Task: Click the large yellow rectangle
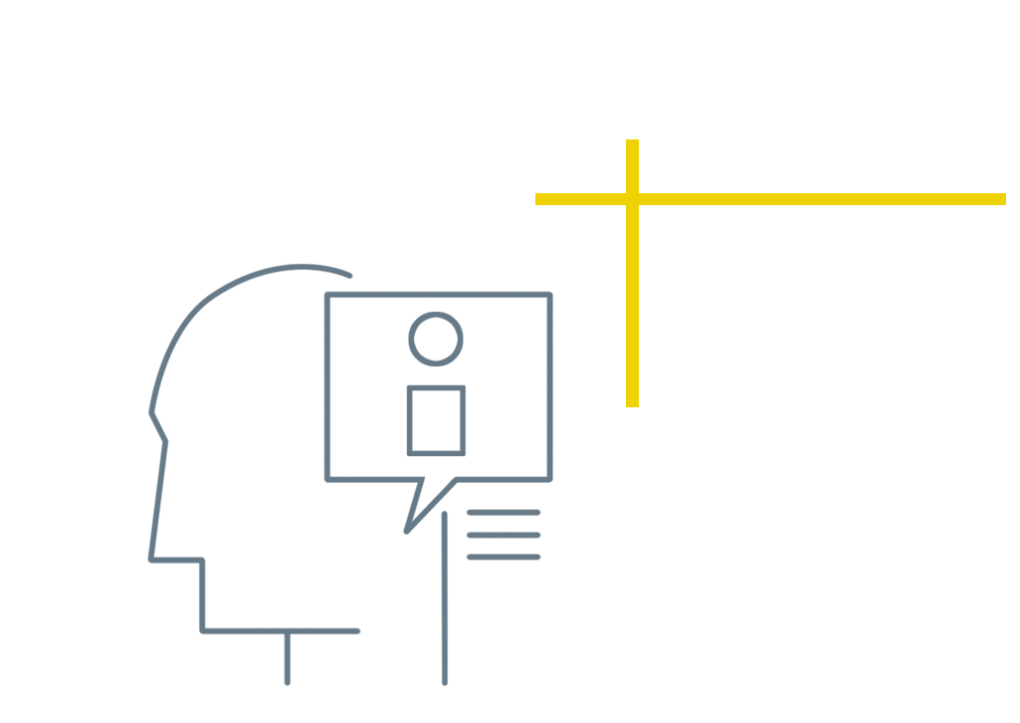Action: (822, 276)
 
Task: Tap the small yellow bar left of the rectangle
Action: (580, 207)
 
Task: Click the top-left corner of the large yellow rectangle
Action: (627, 140)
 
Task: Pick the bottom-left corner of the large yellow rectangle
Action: (627, 412)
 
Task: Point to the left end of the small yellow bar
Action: (537, 207)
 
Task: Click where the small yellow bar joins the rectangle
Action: (626, 207)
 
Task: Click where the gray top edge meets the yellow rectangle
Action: (626, 264)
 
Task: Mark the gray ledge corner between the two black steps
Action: (199, 636)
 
